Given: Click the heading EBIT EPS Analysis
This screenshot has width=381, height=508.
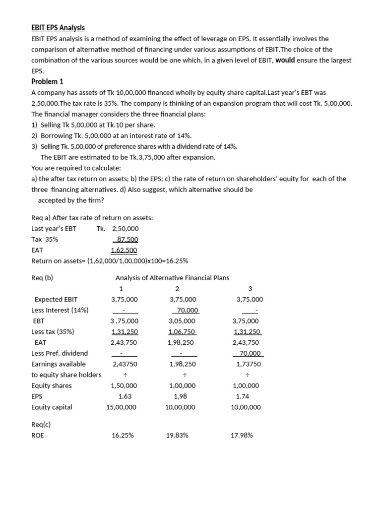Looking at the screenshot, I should coord(58,28).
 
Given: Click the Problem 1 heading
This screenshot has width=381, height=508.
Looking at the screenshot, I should coord(47,81).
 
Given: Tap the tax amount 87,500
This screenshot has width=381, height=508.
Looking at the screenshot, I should coord(127,239).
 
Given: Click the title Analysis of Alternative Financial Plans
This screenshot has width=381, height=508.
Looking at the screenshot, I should coord(172,278).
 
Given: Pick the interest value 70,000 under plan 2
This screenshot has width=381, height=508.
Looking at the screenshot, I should coord(186,310).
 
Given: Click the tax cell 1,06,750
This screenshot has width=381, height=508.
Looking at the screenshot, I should coord(182,332).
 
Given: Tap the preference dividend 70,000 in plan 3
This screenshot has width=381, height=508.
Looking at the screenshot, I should coord(249,353).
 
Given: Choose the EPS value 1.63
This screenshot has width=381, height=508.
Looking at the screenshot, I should coord(125,396).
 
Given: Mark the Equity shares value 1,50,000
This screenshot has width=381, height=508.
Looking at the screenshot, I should coord(124,385).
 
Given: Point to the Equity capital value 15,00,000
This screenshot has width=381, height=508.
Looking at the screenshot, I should coord(122,407).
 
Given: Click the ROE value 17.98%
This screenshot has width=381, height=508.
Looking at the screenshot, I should coord(242,436).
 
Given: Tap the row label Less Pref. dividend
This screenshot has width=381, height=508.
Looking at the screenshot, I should coord(60,353).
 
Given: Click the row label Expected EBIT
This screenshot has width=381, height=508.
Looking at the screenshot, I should coord(56,299).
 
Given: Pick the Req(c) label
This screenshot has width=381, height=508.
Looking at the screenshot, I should coord(41,425).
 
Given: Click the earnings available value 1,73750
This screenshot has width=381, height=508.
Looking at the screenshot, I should coord(249,364).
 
